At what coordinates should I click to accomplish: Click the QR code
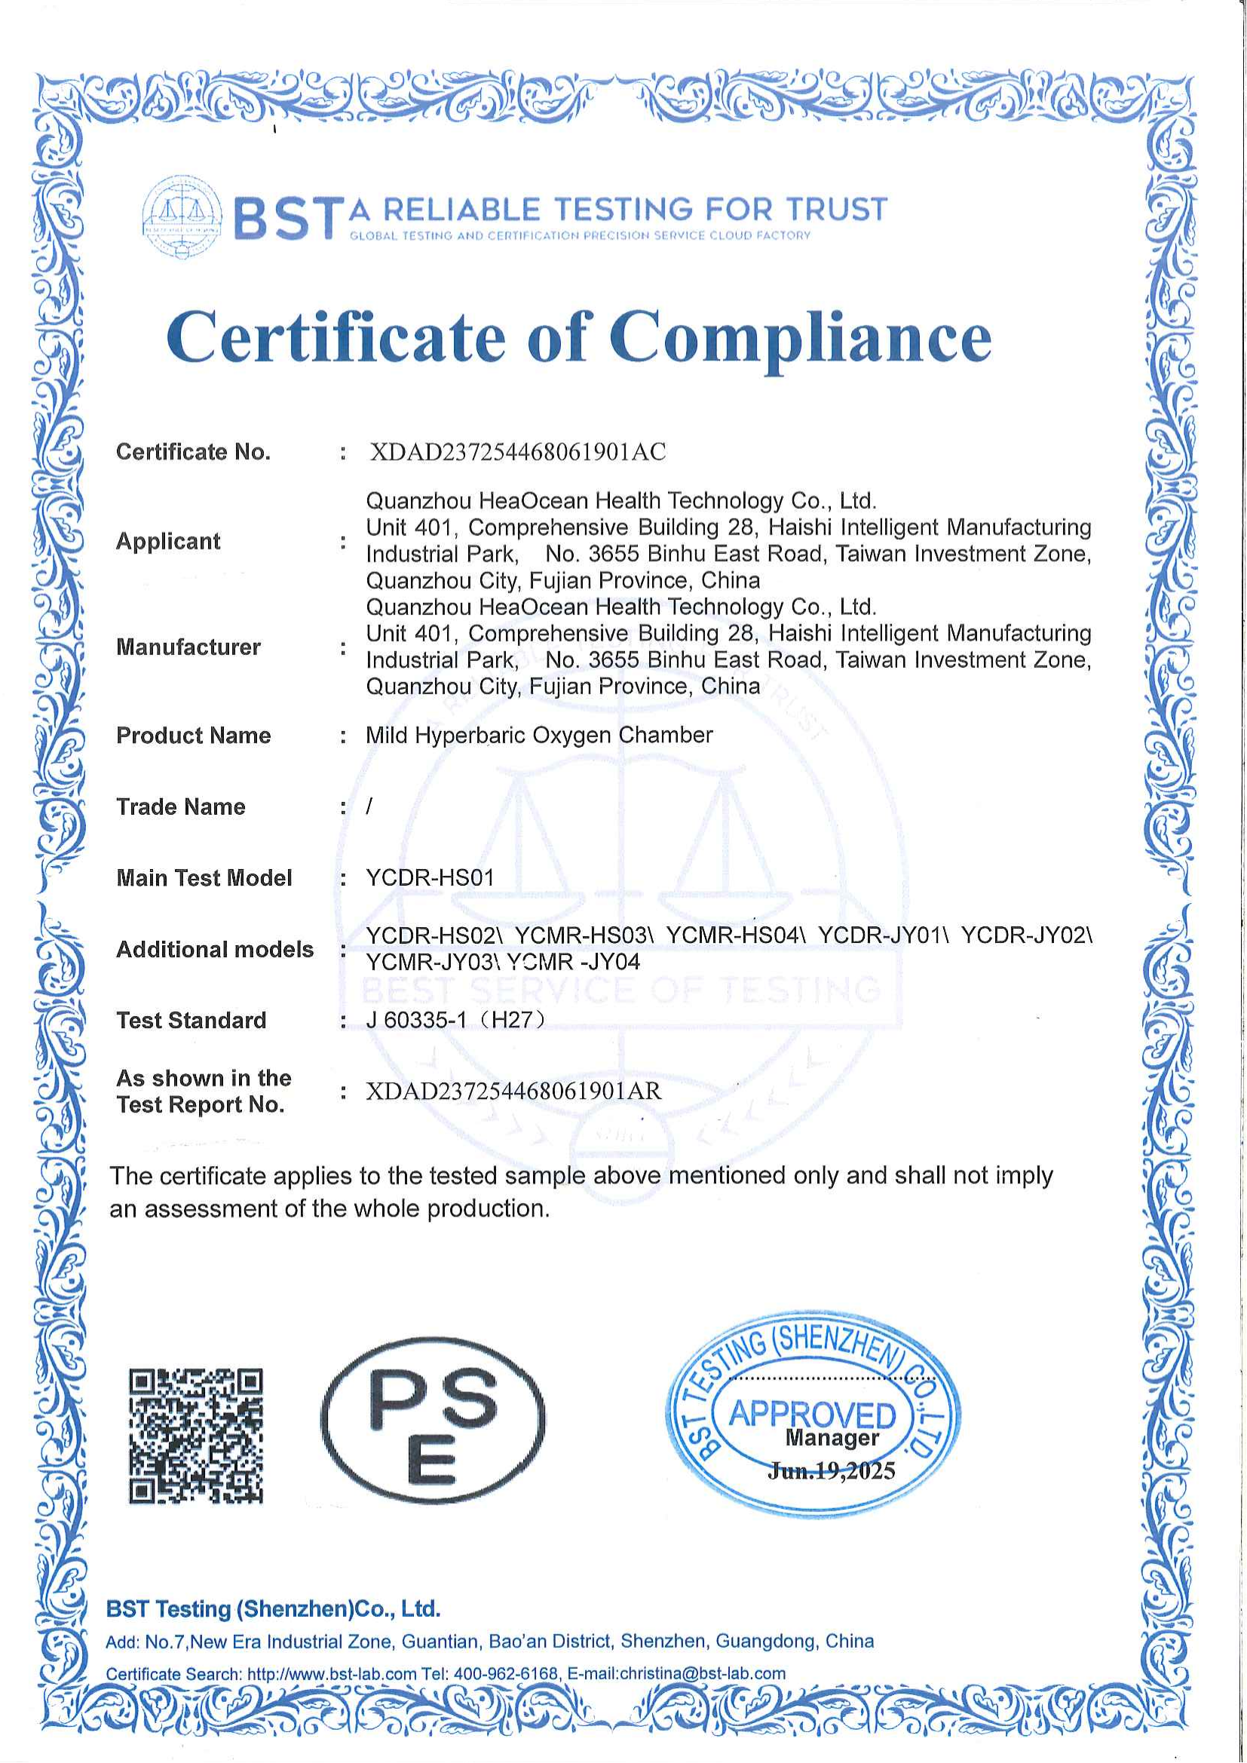[196, 1435]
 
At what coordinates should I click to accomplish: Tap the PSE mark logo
[432, 1421]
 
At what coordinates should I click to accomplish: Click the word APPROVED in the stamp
[812, 1413]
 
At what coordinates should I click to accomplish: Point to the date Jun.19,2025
[831, 1471]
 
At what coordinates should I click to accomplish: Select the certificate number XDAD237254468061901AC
[517, 451]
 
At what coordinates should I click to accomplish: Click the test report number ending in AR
[513, 1091]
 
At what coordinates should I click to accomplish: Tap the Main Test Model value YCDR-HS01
[430, 877]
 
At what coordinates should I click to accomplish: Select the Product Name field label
[194, 736]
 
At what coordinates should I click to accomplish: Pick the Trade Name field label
[180, 807]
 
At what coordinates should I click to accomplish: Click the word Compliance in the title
[800, 338]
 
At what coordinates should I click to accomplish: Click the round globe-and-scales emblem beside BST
[182, 216]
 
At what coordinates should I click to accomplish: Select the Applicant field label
[168, 541]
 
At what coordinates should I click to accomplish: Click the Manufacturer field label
[188, 647]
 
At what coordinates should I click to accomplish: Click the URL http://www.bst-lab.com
[332, 1674]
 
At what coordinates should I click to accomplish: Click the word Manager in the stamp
[832, 1438]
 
